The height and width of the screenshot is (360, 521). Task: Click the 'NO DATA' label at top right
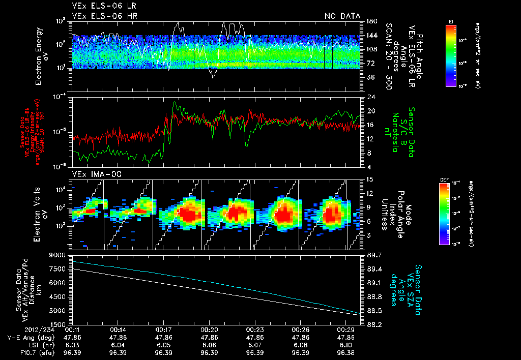342,16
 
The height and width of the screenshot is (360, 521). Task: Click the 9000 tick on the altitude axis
60,255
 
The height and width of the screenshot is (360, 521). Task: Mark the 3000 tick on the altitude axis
60,310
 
